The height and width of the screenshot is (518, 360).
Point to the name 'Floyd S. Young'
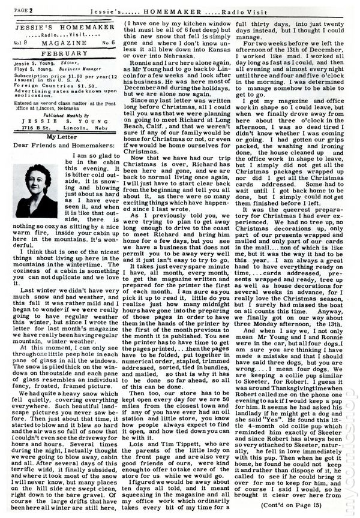click(x=29, y=70)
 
